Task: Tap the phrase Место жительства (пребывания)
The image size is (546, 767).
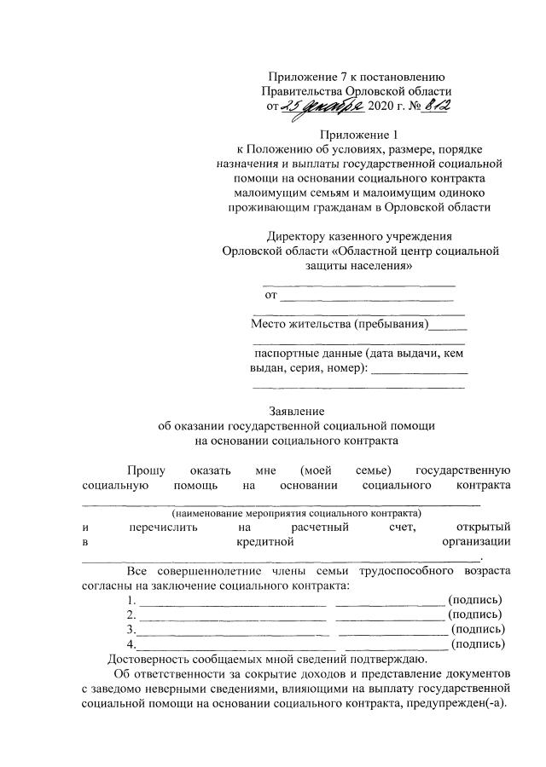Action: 340,325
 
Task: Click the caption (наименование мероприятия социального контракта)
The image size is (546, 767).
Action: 296,514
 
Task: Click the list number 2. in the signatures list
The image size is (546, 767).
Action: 131,614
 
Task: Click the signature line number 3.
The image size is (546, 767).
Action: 131,629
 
